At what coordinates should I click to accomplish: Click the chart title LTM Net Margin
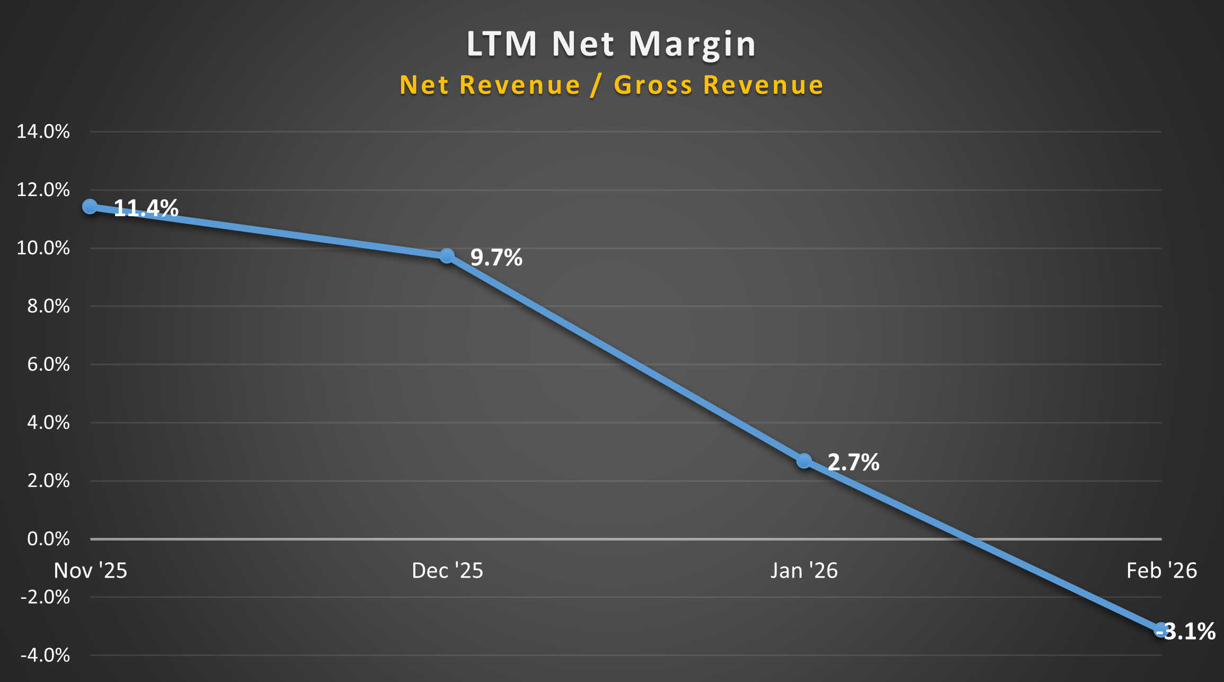(611, 43)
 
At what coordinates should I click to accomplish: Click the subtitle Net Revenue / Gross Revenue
(611, 85)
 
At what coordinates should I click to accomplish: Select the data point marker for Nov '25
(90, 206)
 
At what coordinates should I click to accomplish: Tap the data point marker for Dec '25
(447, 256)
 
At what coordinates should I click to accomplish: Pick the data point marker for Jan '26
(804, 460)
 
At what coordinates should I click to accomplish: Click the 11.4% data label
(146, 208)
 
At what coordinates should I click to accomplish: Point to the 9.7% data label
(496, 258)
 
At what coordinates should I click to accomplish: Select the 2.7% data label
(853, 462)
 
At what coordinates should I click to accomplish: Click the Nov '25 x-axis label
(91, 571)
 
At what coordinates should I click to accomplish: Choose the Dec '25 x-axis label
(447, 571)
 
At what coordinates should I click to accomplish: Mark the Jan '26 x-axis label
(804, 571)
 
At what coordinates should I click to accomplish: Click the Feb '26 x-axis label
(1161, 571)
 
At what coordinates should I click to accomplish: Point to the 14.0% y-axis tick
(43, 131)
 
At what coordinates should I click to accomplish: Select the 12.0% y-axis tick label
(43, 190)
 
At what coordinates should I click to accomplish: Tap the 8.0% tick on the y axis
(48, 306)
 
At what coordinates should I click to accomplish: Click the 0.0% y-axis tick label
(48, 539)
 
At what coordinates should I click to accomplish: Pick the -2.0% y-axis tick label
(45, 597)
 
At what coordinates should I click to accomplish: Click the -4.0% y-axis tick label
(45, 656)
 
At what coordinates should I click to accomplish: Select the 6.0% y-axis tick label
(48, 365)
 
